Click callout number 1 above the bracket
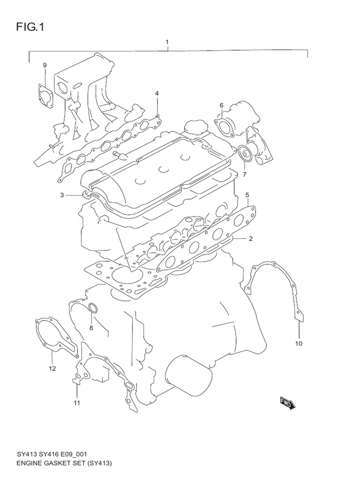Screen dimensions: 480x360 point(167,43)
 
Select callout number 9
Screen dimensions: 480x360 point(45,65)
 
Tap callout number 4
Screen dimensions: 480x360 point(157,93)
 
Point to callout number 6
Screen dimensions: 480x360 point(222,105)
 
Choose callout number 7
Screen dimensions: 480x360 point(244,174)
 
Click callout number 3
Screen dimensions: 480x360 point(61,195)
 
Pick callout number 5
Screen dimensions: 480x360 point(247,195)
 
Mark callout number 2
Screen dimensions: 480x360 point(251,239)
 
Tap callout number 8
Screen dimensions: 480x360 point(91,328)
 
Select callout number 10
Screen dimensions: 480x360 point(299,344)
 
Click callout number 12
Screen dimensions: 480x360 point(52,368)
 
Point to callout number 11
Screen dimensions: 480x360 point(77,403)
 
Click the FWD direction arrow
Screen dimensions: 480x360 point(287,403)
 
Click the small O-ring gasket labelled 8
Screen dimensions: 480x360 point(93,308)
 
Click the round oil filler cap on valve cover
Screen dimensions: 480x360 point(194,127)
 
